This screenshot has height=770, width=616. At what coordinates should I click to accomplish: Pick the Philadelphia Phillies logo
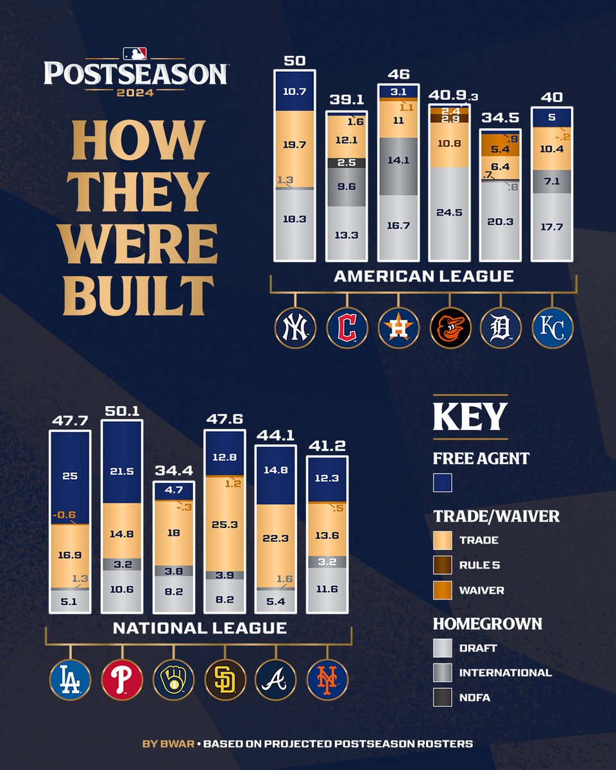tap(121, 679)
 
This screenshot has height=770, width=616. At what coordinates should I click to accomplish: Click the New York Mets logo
tap(327, 679)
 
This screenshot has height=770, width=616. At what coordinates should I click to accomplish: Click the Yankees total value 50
tap(295, 60)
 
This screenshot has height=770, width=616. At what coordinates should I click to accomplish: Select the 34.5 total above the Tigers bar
tap(501, 119)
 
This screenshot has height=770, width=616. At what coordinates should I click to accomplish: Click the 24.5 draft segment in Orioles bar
tap(449, 213)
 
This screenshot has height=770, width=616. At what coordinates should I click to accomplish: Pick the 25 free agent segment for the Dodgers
tap(70, 476)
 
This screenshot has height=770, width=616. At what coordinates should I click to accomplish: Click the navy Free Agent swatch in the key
tap(443, 482)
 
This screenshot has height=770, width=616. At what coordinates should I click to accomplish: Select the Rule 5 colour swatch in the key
tap(443, 565)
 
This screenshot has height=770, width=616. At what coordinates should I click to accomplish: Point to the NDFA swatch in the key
tap(443, 697)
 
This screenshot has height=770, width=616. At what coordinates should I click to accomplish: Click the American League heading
tap(424, 277)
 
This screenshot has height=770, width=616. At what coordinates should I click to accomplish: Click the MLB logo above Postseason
tap(135, 53)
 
